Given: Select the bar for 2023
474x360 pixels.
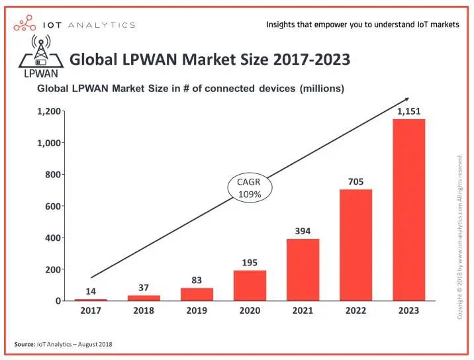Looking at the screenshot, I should [408, 210].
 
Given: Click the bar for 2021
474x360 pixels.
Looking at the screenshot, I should [303, 270].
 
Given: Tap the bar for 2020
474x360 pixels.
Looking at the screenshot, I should [250, 285].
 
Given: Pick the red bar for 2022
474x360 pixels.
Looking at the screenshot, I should [355, 245].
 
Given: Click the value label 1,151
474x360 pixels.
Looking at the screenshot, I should [408, 112].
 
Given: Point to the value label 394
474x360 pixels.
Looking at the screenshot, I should [303, 231].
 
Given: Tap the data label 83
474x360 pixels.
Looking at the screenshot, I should [197, 280].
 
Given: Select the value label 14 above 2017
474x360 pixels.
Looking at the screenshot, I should [91, 291].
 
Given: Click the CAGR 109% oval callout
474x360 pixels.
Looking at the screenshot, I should [249, 188].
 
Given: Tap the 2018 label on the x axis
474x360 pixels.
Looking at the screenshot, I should [144, 311].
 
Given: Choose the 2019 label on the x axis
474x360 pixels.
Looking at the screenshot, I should [197, 311].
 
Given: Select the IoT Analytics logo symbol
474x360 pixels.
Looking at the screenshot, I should [25, 24].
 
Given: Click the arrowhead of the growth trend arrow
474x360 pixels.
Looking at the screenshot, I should [404, 101].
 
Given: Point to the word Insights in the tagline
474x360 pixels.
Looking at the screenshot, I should [283, 24].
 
